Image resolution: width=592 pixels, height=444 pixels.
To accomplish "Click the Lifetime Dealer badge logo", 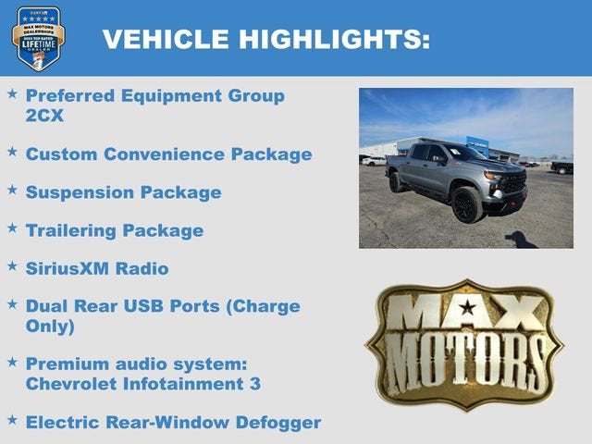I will click(x=38, y=38).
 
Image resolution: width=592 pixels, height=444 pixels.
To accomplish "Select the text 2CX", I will click(x=44, y=116).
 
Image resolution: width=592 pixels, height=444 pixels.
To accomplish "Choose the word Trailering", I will click(x=72, y=230).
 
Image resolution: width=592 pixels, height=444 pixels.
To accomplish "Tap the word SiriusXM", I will click(x=69, y=268).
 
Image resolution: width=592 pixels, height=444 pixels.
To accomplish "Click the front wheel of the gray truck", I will click(x=467, y=204).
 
